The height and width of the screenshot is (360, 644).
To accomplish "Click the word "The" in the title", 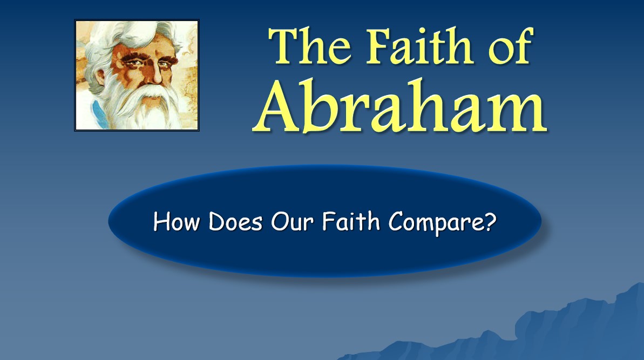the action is (x=310, y=46).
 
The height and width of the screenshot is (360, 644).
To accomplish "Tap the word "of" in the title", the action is (x=511, y=45).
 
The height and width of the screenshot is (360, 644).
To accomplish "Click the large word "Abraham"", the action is (x=399, y=106).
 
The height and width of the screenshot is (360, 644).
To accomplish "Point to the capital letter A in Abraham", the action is (x=276, y=106).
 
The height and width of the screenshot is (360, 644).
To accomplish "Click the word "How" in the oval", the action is (x=177, y=222).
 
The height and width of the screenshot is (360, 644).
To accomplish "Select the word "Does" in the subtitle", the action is (x=235, y=222).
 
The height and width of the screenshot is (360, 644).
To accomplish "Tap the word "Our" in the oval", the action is (x=292, y=222).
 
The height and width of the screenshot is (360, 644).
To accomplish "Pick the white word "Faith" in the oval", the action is (x=351, y=221).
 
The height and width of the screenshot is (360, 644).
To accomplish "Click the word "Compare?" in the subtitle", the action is (x=443, y=223).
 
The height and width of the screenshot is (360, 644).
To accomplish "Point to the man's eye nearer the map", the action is (x=165, y=64).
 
